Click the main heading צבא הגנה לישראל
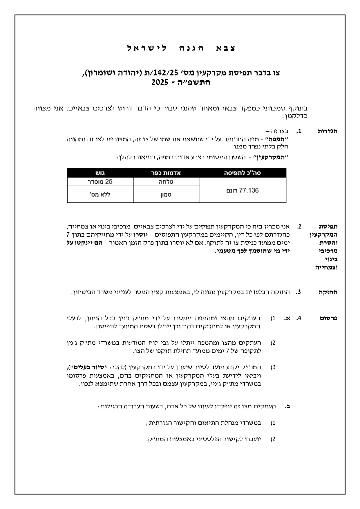click(182, 48)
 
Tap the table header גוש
click(100, 173)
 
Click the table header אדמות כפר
click(166, 173)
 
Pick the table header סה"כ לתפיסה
click(243, 173)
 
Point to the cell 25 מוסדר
click(100, 182)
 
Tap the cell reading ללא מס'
click(100, 194)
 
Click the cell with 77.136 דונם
click(243, 191)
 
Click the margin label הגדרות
click(328, 131)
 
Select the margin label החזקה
click(328, 292)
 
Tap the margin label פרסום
click(329, 318)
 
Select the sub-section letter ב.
click(287, 406)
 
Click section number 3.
click(299, 292)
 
